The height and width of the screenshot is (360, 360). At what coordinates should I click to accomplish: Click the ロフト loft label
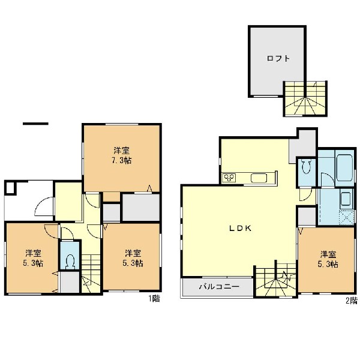(278, 58)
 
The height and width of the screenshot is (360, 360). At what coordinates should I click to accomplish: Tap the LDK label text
(241, 228)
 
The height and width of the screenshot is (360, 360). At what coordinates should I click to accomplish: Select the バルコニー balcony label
(219, 287)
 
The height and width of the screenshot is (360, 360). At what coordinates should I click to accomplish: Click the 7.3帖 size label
(121, 160)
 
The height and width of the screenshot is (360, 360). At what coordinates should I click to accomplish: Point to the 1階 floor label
(154, 299)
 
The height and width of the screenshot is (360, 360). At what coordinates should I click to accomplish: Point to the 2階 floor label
(352, 301)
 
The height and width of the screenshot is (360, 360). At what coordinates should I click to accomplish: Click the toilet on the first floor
(70, 261)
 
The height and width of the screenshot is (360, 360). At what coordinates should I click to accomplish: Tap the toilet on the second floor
(305, 166)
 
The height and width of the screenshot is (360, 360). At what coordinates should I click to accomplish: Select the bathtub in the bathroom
(344, 167)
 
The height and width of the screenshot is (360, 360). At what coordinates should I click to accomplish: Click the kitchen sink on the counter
(259, 178)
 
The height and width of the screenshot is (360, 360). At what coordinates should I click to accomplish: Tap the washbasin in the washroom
(346, 199)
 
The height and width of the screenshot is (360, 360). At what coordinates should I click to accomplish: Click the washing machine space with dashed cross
(346, 217)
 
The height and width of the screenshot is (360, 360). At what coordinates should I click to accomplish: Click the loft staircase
(305, 98)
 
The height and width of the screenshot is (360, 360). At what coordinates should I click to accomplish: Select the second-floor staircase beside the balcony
(276, 280)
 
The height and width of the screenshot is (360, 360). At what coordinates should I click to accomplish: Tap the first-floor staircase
(91, 273)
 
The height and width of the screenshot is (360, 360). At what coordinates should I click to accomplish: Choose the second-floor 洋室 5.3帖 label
(328, 259)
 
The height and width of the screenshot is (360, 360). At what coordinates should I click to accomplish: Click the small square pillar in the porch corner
(10, 188)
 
